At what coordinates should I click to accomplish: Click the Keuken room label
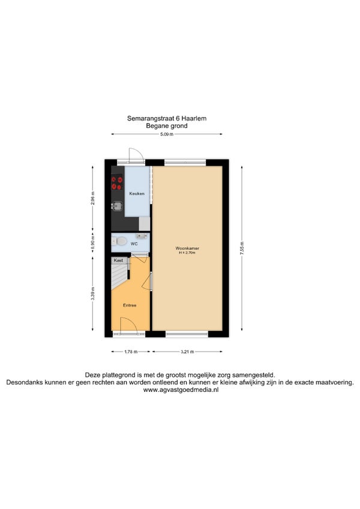(x=137, y=194)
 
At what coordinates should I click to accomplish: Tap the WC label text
(x=134, y=244)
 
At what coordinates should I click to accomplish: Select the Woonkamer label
(x=187, y=248)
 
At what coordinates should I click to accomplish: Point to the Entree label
(x=130, y=305)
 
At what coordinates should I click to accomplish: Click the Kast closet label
(x=118, y=261)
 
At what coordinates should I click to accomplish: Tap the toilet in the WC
(x=119, y=241)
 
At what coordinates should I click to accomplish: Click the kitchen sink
(x=117, y=206)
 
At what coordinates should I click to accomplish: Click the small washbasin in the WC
(x=142, y=236)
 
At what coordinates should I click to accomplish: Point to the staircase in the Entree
(x=119, y=274)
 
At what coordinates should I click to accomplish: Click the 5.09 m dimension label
(x=167, y=134)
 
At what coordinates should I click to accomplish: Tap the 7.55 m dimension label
(x=242, y=248)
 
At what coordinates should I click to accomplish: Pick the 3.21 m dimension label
(x=187, y=352)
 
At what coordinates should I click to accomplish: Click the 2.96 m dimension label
(x=93, y=198)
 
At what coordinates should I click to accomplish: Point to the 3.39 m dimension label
(x=93, y=294)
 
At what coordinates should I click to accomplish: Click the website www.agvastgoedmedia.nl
(x=181, y=390)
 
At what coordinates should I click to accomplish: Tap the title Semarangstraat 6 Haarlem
(x=167, y=118)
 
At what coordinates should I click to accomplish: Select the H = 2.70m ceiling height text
(x=187, y=253)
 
